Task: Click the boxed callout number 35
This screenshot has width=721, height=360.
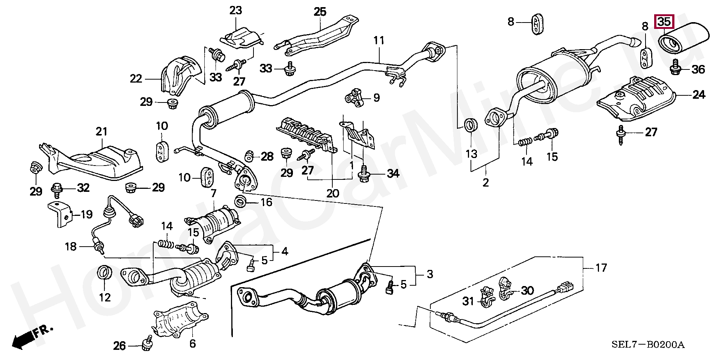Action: click(664, 22)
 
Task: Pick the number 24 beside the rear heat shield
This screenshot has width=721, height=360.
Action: click(699, 95)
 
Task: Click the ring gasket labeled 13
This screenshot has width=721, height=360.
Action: click(471, 125)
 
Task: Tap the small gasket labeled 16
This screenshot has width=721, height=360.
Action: click(240, 202)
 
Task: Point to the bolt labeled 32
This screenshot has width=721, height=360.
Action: click(57, 189)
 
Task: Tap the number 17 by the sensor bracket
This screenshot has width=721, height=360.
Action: click(601, 268)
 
